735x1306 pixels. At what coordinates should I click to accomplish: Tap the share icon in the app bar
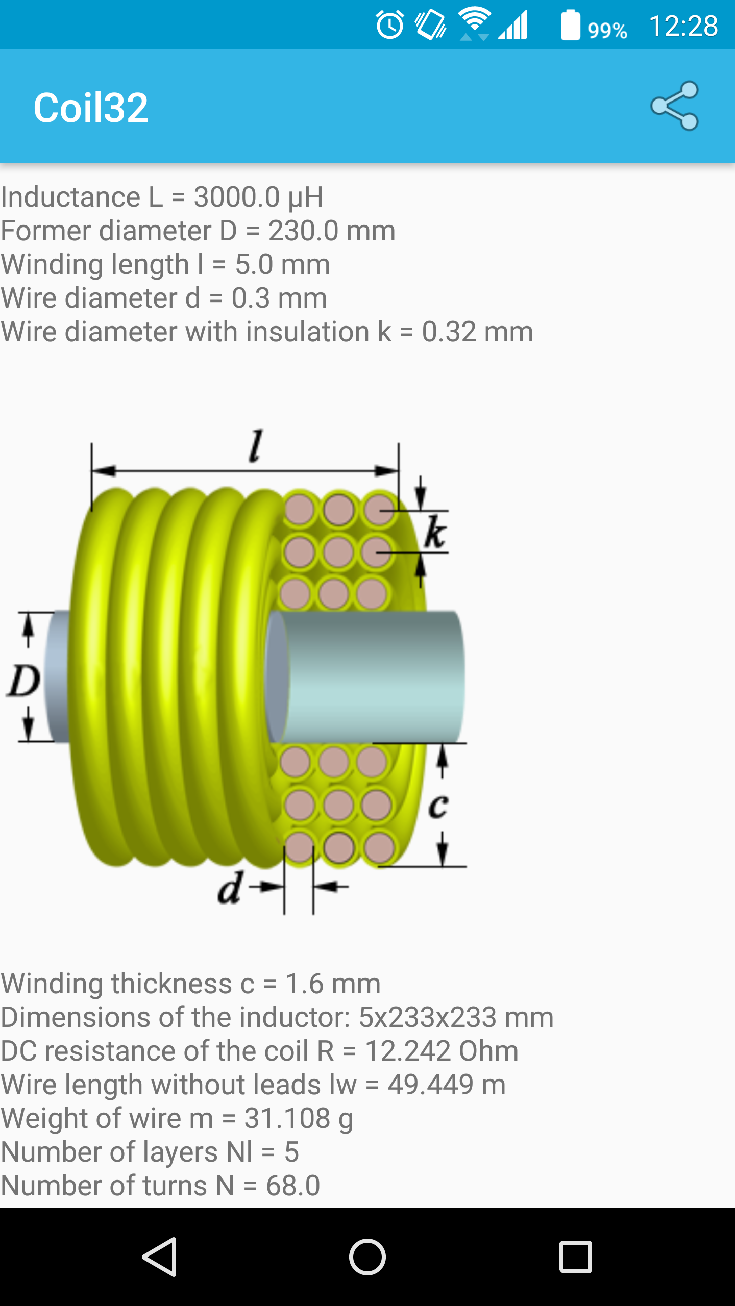[x=675, y=106]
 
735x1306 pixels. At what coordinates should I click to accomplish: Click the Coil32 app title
[x=91, y=108]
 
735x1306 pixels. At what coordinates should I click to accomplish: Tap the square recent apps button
[x=575, y=1257]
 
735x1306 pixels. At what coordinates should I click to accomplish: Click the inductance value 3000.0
[x=237, y=197]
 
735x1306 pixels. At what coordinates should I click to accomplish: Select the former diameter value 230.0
[x=303, y=231]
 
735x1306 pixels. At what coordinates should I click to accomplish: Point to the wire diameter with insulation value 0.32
[x=449, y=332]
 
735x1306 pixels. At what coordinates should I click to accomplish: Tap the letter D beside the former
[x=23, y=681]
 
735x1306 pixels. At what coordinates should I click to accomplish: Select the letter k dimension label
[x=435, y=532]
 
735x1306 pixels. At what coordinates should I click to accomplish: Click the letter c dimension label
[x=438, y=806]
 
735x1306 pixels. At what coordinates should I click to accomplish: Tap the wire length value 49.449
[x=430, y=1085]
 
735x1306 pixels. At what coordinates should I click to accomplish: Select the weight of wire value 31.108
[x=287, y=1118]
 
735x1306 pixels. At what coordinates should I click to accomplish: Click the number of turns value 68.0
[x=293, y=1186]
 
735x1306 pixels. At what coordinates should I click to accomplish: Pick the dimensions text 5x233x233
[x=428, y=1017]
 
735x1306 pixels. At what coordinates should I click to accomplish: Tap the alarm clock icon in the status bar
[x=390, y=24]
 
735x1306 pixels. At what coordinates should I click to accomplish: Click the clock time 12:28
[x=683, y=26]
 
